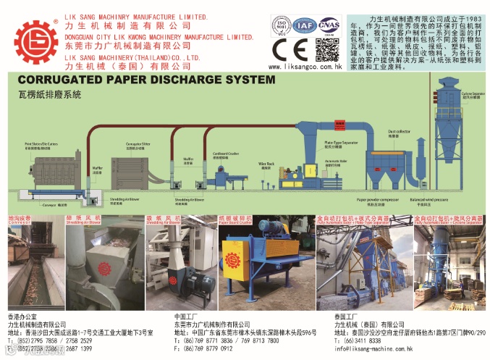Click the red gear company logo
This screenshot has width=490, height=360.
point(35,42)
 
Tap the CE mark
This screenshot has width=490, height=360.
point(287,48)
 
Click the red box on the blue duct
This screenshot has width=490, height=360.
point(337,117)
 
